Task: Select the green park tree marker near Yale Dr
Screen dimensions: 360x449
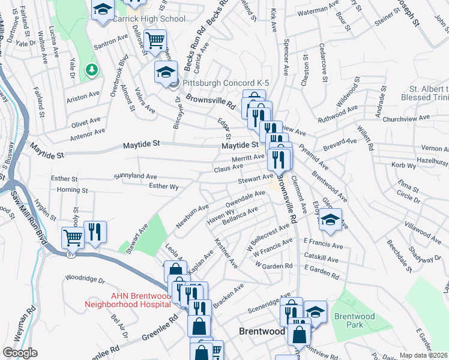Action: tap(92, 70)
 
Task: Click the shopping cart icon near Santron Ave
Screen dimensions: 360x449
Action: tap(155, 40)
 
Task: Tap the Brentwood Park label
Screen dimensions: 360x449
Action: tap(354, 320)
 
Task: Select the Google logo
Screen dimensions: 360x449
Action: tap(20, 353)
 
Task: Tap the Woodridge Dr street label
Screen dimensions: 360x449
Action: tap(85, 279)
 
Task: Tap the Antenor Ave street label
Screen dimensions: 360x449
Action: tap(88, 131)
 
